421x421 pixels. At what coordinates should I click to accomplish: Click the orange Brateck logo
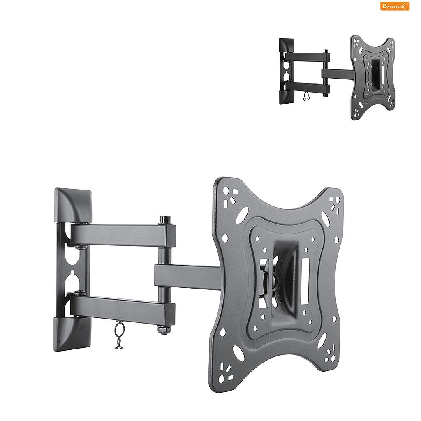click(x=395, y=6)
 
